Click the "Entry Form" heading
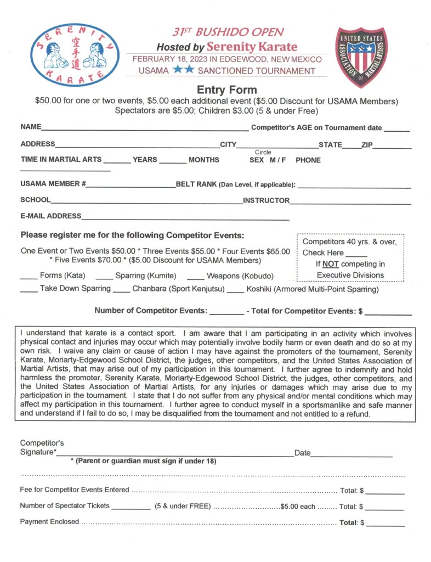(226, 90)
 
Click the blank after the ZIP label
(393, 147)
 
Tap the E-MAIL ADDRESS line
(185, 218)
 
